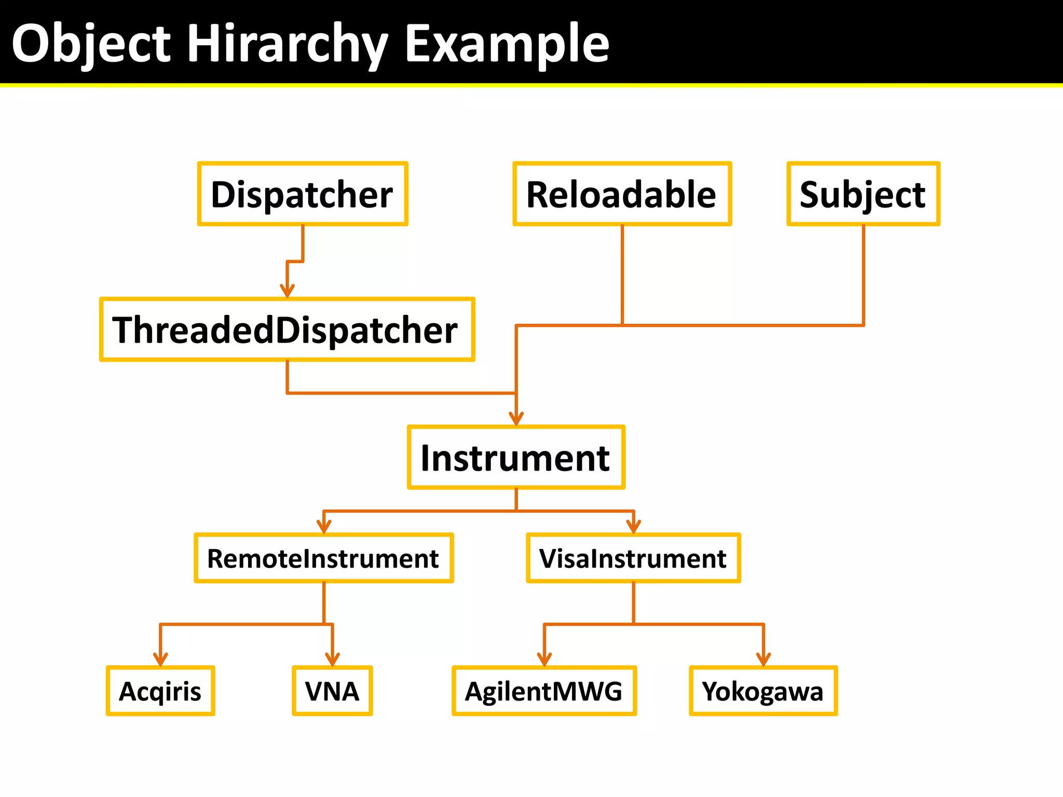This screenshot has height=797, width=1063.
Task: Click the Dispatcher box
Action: coord(303,194)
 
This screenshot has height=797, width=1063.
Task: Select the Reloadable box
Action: coord(622,194)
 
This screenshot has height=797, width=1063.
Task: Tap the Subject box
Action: coord(863,194)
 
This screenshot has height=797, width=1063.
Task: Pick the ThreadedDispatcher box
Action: coord(287,329)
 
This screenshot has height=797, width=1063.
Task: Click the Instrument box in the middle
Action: coord(516,458)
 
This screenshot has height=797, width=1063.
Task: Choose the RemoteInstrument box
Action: coord(323,558)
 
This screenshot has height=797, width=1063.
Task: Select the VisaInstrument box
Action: coord(633,558)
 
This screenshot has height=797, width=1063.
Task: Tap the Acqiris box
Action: coord(160,691)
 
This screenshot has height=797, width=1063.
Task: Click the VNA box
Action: coord(332,691)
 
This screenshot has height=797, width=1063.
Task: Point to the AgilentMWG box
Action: coord(544,691)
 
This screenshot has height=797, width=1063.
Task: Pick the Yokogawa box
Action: coord(763,691)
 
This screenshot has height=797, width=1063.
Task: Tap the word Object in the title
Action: coord(91,44)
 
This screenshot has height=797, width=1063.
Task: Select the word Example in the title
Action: coord(507,44)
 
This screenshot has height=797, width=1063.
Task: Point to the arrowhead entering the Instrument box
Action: coord(516,419)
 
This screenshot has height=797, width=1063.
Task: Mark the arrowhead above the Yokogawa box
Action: coord(763,659)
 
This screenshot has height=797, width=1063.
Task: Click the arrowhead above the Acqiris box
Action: coord(160,659)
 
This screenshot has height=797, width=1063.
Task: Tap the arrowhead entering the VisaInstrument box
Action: coord(633,527)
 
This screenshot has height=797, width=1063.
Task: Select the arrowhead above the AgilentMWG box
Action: coord(544,659)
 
